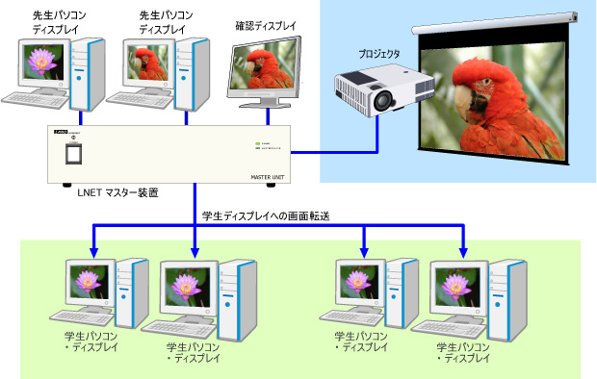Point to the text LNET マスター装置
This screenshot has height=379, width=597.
click(x=117, y=193)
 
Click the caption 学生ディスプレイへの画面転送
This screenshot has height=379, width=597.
click(x=266, y=216)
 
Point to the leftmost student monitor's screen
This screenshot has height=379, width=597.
click(x=91, y=282)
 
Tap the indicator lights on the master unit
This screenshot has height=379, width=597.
click(x=257, y=145)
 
